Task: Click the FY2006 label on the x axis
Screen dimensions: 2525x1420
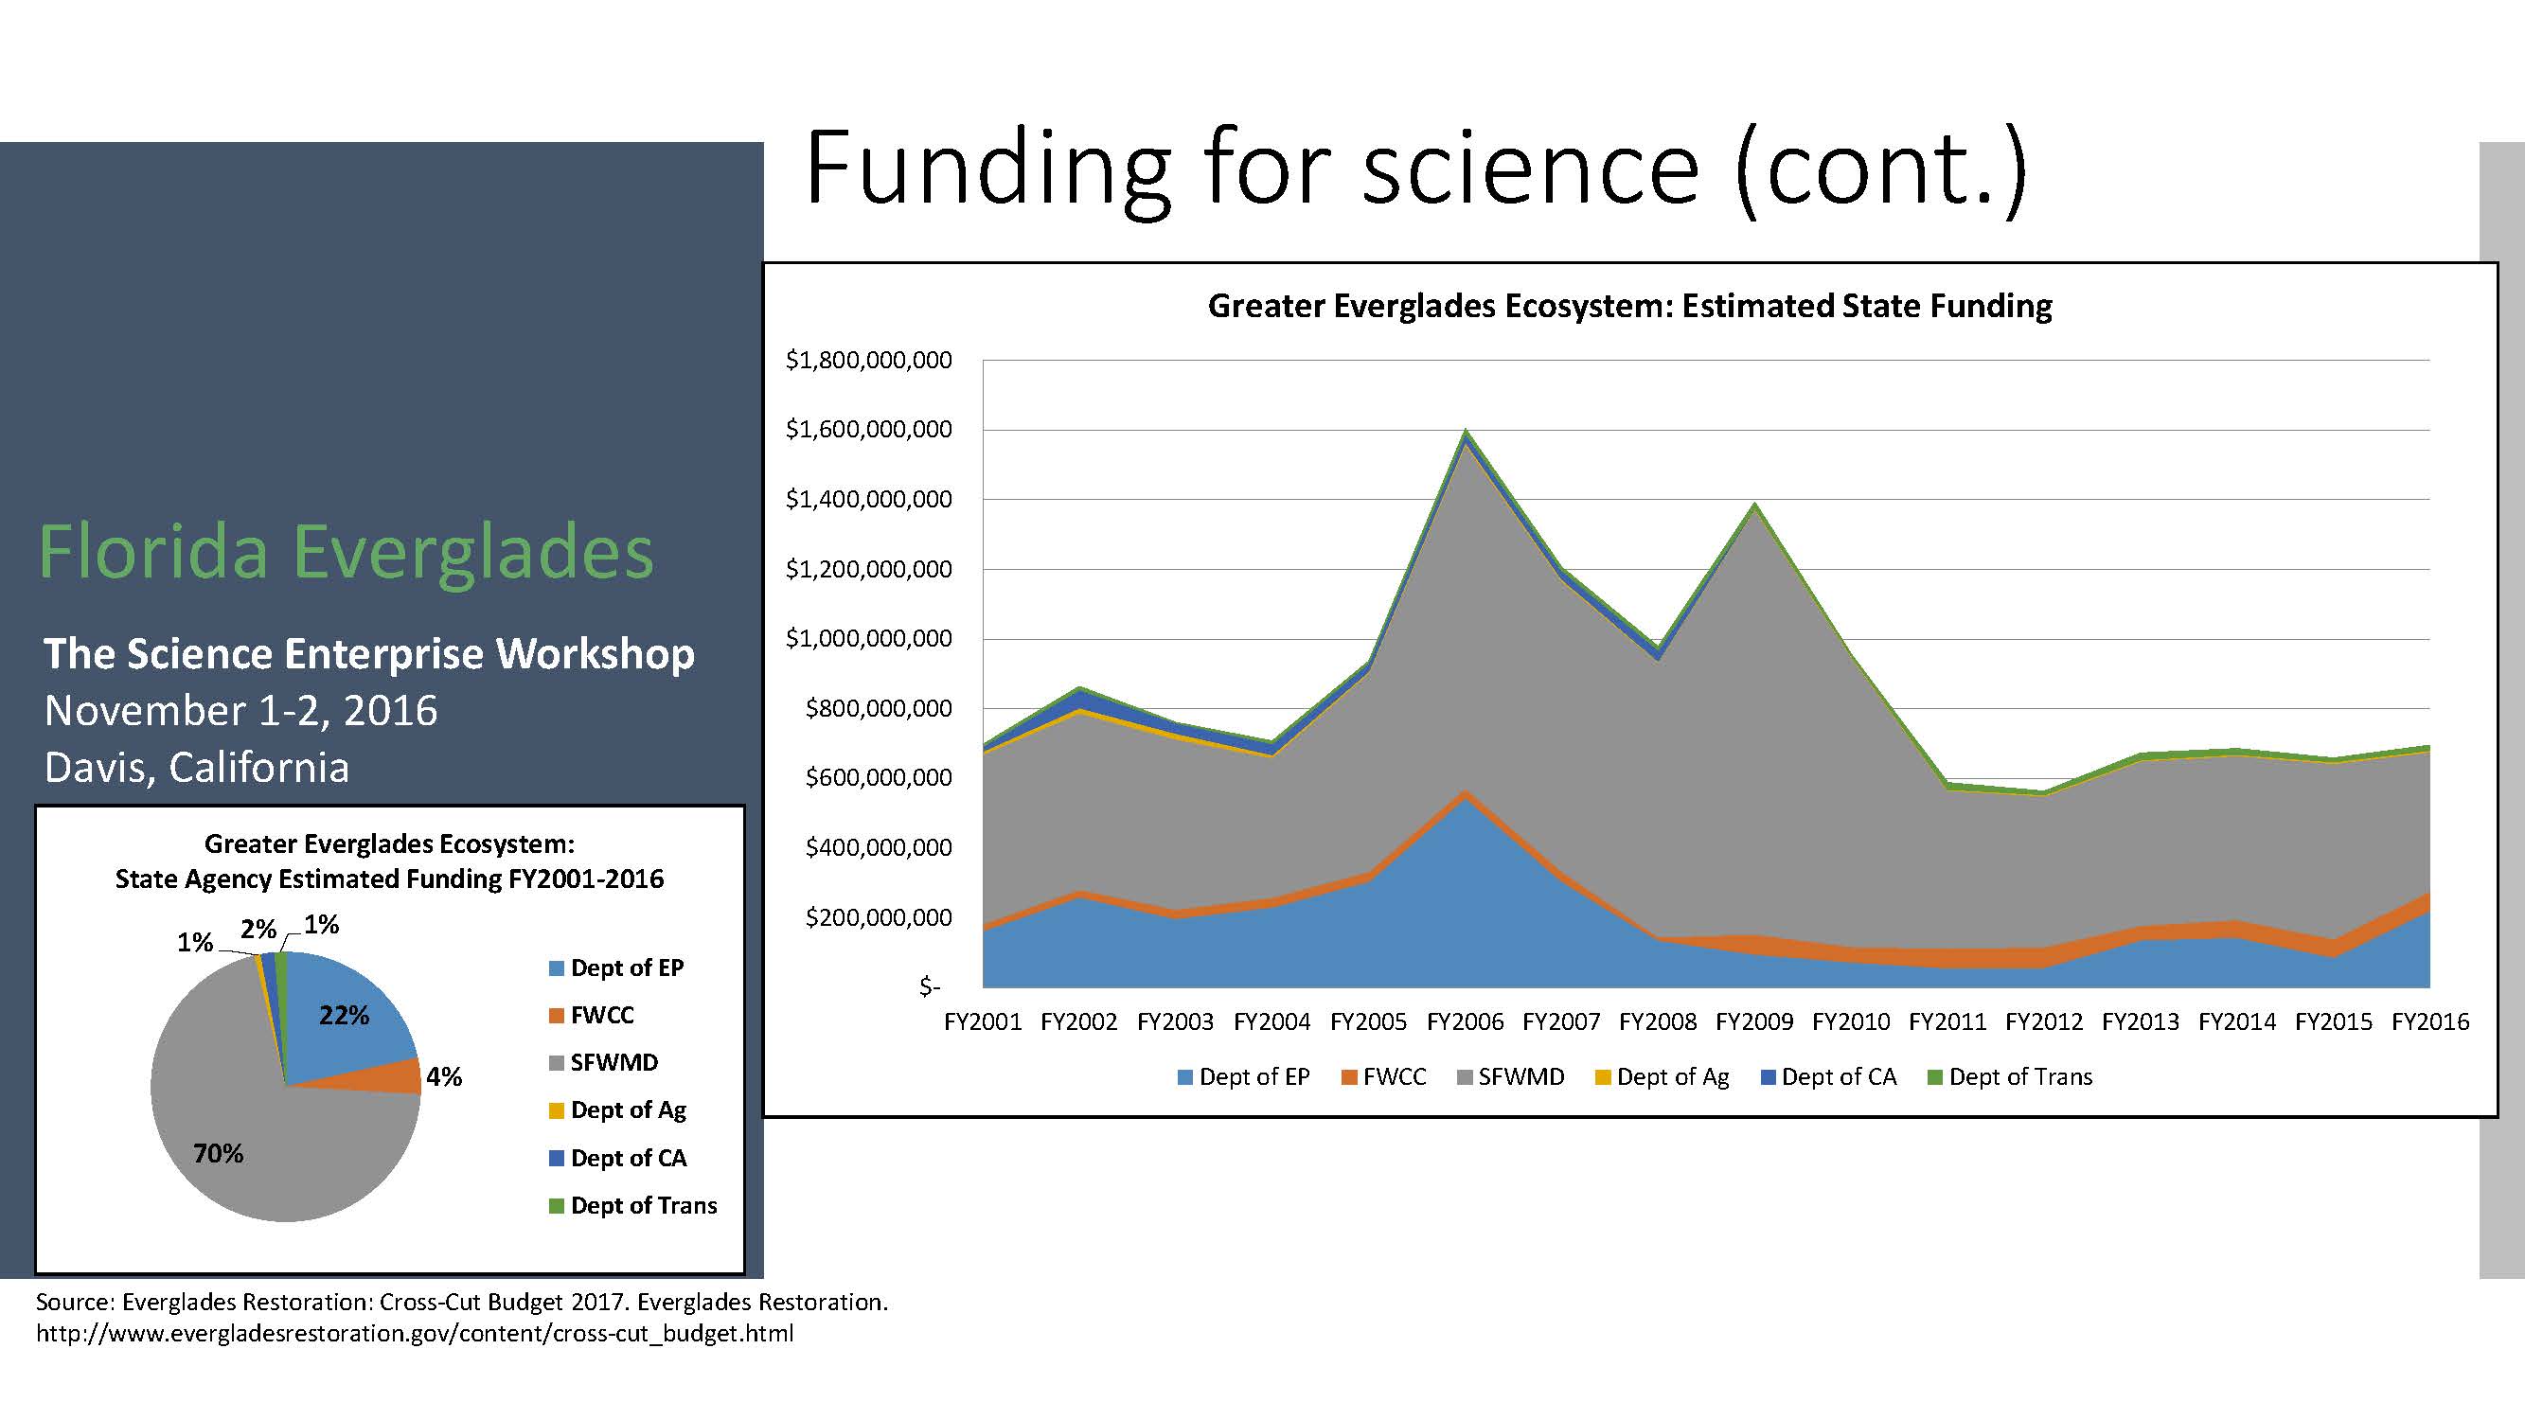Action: click(x=1465, y=1022)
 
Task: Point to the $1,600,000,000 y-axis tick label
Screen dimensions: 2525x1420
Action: click(x=868, y=429)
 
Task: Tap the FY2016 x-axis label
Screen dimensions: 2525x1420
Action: click(x=2430, y=1022)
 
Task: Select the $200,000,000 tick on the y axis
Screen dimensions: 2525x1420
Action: click(x=879, y=917)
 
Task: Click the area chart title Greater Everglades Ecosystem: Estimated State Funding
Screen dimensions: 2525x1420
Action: click(x=1630, y=306)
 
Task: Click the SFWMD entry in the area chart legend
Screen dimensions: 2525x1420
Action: click(x=1510, y=1077)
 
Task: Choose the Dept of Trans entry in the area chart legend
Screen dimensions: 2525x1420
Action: click(x=2009, y=1077)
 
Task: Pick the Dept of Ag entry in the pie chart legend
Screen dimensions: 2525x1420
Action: click(x=617, y=1110)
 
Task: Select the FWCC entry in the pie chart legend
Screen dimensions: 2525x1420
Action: click(x=591, y=1015)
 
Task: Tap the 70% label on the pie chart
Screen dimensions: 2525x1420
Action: click(x=218, y=1153)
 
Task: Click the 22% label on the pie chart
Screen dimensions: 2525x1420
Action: click(x=344, y=1015)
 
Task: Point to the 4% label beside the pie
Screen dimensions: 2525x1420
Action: click(x=444, y=1077)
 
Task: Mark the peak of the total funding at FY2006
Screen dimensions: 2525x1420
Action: click(x=1466, y=429)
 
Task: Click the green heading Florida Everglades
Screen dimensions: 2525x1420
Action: click(x=346, y=551)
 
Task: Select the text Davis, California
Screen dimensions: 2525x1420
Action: click(x=197, y=768)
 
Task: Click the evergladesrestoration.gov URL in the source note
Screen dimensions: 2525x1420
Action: click(x=415, y=1334)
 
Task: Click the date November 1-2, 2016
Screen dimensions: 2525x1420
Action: click(x=241, y=711)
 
